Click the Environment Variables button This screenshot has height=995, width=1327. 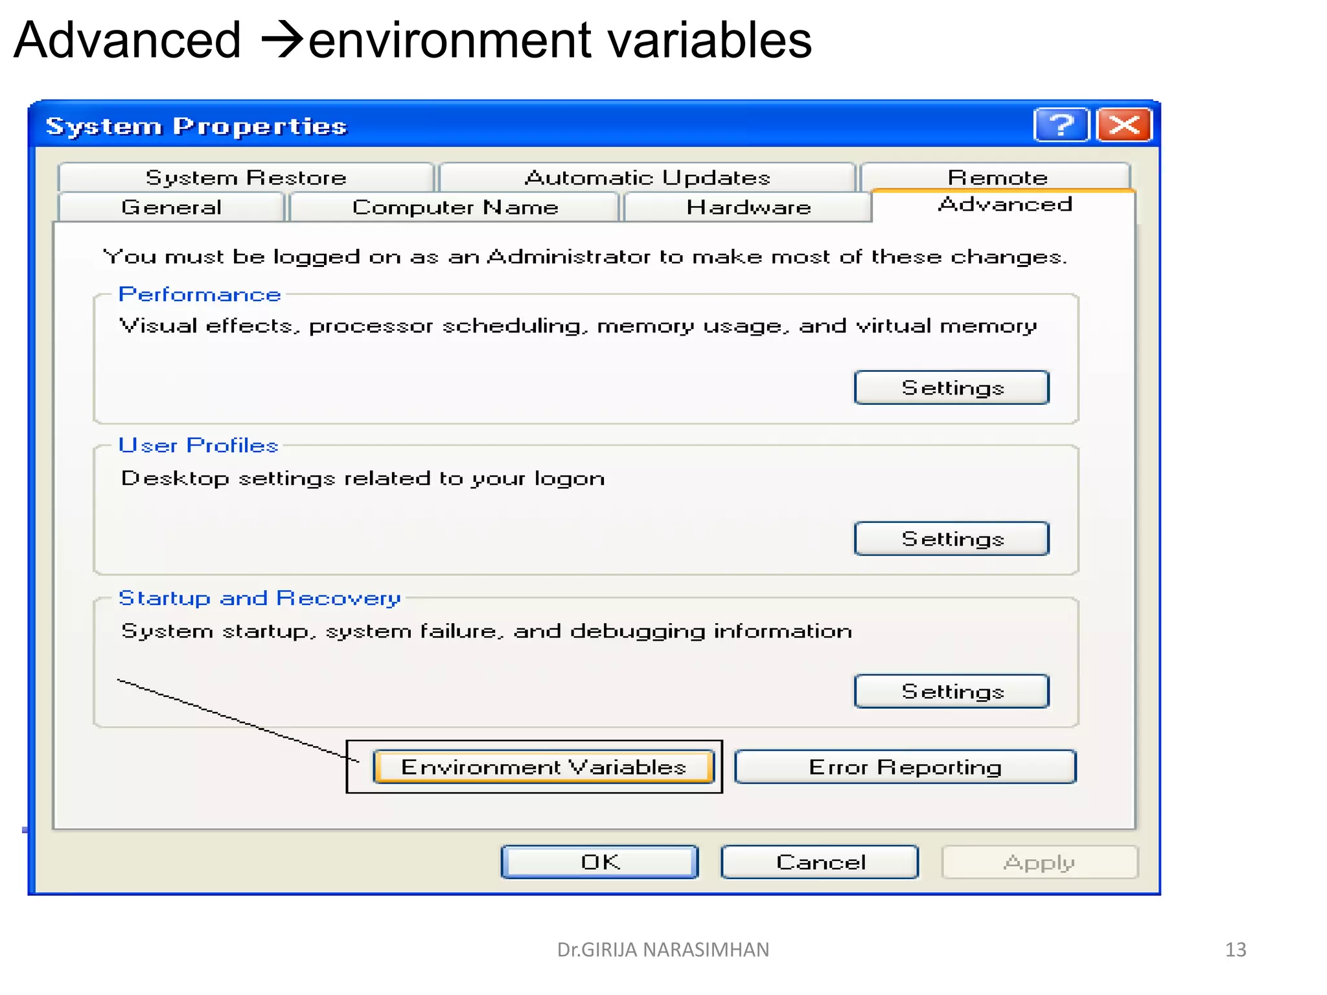tap(544, 767)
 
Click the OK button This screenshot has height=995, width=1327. tap(599, 862)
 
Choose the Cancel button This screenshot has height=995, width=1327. tap(820, 862)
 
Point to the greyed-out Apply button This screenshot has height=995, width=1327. tap(1039, 862)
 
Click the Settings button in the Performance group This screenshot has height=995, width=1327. tap(951, 388)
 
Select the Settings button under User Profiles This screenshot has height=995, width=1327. tap(951, 539)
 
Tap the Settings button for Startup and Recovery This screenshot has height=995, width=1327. tap(951, 691)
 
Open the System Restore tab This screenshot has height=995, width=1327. tap(246, 177)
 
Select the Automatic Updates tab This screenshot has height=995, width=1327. tap(647, 177)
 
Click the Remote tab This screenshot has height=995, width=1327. tap(997, 177)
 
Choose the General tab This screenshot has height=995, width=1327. tap(171, 207)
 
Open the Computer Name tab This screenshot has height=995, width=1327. tap(455, 207)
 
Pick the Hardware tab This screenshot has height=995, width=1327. tap(748, 207)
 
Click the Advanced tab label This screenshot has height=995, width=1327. tap(1004, 205)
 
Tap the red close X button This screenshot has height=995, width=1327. tap(1124, 124)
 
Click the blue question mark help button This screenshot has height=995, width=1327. tap(1061, 124)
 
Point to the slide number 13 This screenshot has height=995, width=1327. tap(1235, 950)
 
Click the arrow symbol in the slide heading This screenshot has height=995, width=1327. tap(282, 40)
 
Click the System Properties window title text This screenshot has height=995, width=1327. tap(196, 126)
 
